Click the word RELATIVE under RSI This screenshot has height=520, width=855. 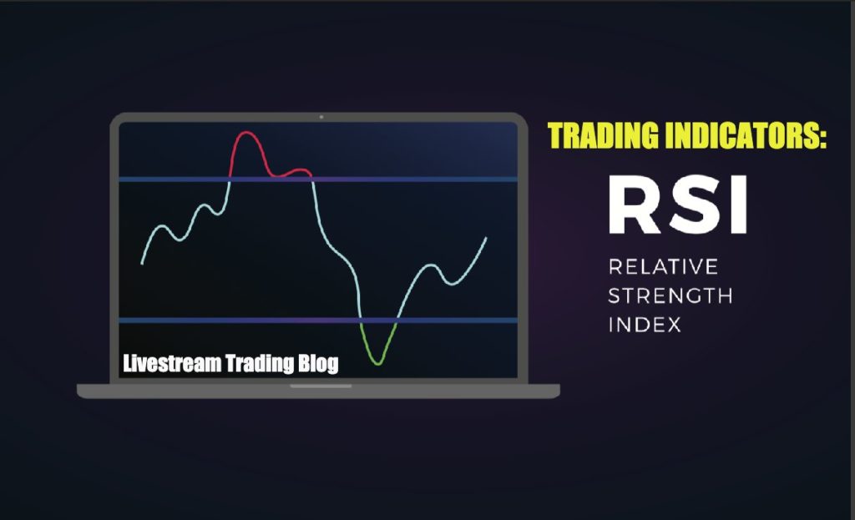(663, 267)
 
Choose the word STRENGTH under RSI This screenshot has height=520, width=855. (670, 295)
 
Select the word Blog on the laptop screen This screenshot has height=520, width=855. (318, 364)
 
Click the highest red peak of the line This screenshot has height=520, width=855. (245, 134)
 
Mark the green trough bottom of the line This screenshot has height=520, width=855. (378, 362)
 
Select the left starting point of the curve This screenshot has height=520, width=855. (143, 263)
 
